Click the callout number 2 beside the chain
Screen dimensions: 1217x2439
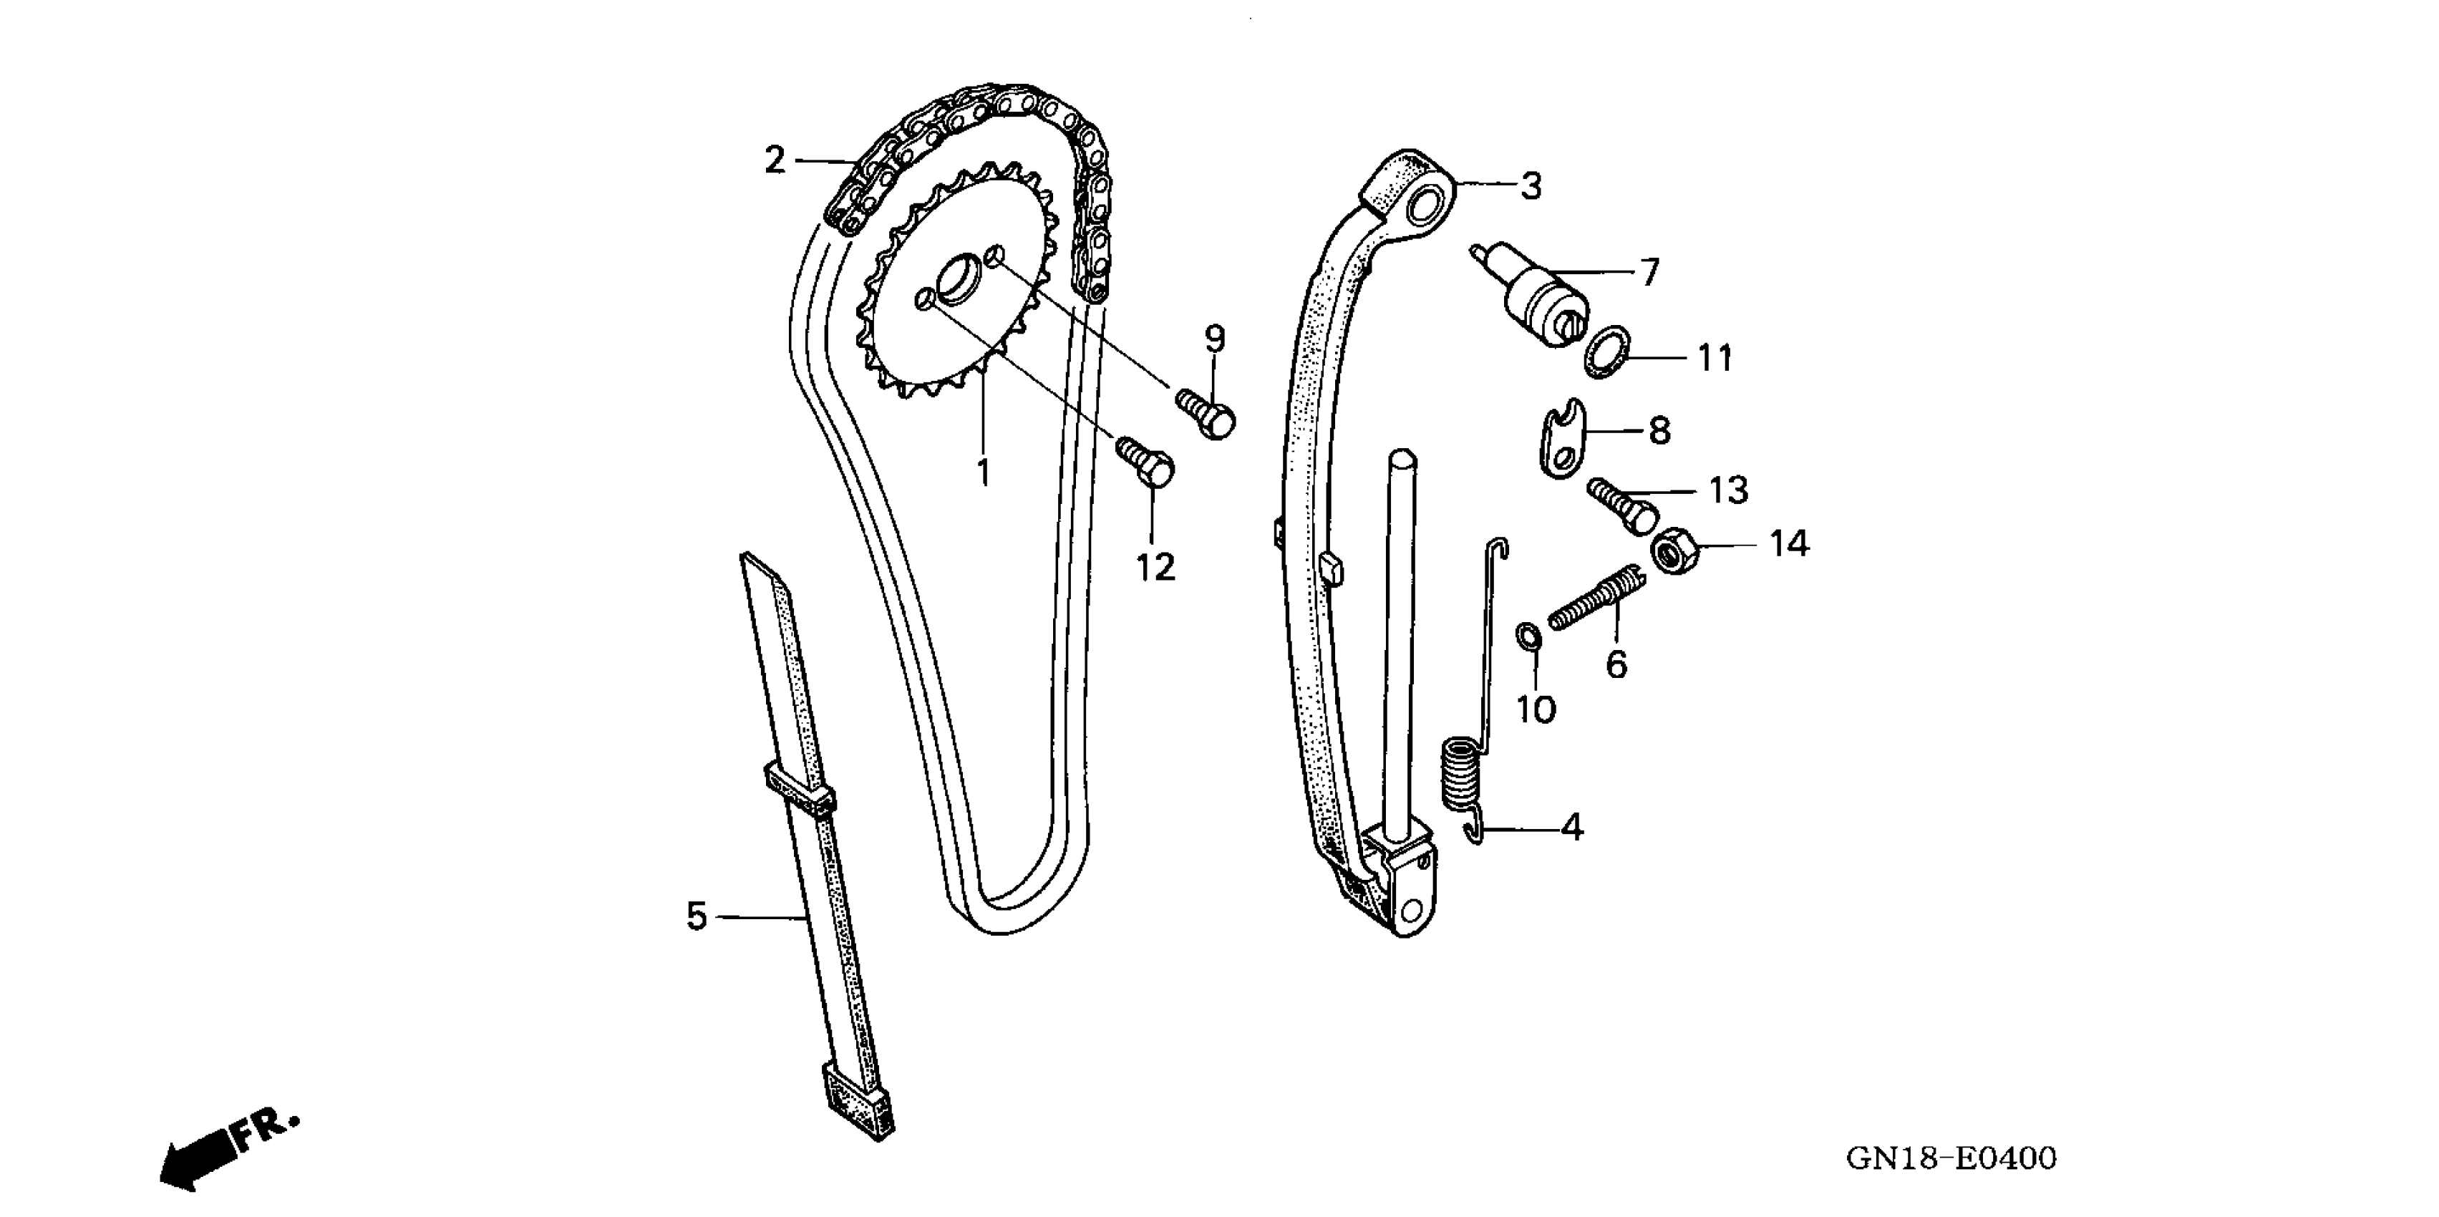click(775, 160)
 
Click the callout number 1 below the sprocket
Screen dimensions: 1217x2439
click(983, 472)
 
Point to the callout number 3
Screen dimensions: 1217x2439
click(1531, 187)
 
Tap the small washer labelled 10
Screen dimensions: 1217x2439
click(1527, 637)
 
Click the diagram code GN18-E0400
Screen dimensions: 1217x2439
click(1951, 1158)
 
